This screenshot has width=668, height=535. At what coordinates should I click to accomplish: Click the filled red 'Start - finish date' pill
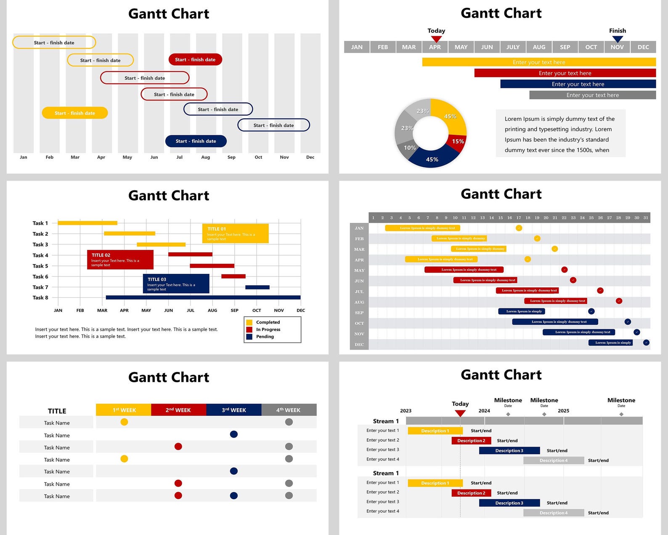tap(195, 59)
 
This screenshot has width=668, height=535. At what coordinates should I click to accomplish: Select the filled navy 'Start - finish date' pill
tap(196, 141)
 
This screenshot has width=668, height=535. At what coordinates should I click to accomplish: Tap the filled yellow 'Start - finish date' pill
tap(74, 113)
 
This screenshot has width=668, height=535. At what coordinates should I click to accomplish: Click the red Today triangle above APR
tap(436, 39)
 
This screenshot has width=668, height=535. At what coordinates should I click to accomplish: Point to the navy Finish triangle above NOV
tap(617, 39)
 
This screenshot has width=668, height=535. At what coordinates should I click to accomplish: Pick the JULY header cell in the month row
tap(513, 47)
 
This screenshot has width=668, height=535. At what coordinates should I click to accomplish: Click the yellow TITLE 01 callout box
tap(235, 233)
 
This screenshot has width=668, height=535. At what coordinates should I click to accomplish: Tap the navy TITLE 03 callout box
tap(176, 284)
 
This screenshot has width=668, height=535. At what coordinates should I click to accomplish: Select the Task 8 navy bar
tap(203, 297)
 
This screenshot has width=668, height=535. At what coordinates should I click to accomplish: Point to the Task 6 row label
tap(40, 276)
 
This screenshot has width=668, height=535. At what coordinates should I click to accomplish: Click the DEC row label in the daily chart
tap(359, 344)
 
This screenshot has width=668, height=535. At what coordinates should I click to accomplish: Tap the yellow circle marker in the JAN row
tap(519, 228)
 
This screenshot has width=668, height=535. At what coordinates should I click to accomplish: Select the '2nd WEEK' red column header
tap(178, 410)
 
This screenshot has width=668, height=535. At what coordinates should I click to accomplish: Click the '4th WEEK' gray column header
tap(289, 410)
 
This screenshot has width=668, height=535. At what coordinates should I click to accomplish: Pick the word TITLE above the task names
tap(57, 411)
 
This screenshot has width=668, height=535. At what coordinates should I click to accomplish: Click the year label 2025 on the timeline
tap(563, 411)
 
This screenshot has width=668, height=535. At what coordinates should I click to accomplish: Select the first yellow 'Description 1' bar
tap(435, 431)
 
